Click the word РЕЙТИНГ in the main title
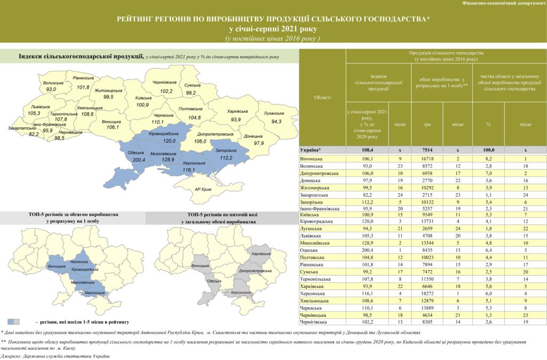pos(139,19)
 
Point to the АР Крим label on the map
pos(204,190)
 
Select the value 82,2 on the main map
pos(34,135)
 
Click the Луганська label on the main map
pos(273,114)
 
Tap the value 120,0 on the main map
pos(169,141)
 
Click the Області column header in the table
pos(323,97)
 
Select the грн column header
pos(427,124)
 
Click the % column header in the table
pos(487,124)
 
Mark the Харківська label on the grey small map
pos(260,254)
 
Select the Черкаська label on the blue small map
pos(79,262)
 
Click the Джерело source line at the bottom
pos(51,355)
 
